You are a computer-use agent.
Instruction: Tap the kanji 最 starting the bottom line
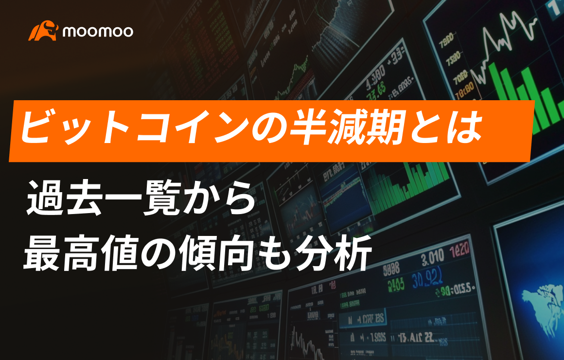pos(45,253)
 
